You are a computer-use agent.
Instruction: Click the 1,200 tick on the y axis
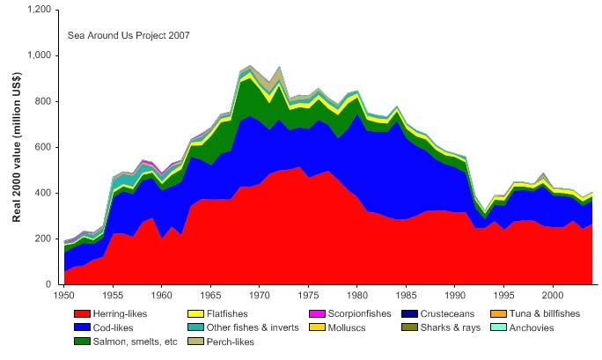36,10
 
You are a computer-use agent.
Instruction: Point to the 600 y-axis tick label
41,147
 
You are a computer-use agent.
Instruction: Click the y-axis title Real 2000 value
17,146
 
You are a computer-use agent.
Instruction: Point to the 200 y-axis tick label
41,239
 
